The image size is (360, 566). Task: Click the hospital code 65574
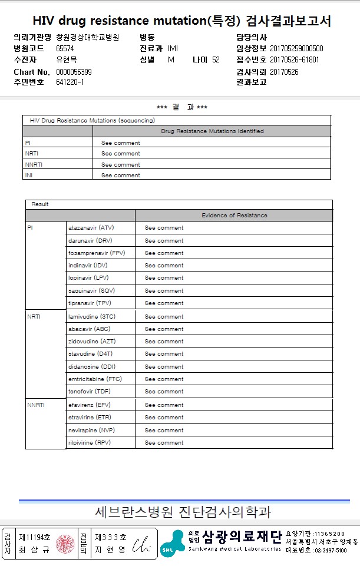(x=65, y=48)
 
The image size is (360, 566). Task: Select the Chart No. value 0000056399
(x=74, y=72)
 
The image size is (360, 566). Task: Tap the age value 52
(x=216, y=60)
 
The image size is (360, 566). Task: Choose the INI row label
(x=29, y=176)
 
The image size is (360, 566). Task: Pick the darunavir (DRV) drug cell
(x=90, y=240)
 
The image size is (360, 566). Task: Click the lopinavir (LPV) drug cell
(x=88, y=278)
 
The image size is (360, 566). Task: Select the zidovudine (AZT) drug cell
(x=92, y=342)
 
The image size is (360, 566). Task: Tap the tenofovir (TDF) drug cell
(x=89, y=392)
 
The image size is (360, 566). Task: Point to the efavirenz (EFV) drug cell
(x=90, y=405)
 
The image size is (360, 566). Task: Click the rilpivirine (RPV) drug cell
(x=90, y=443)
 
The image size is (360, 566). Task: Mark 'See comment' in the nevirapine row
(x=164, y=431)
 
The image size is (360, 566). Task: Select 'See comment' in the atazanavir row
(x=164, y=228)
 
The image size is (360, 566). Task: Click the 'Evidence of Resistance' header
(x=234, y=216)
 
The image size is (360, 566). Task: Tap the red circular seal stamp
(x=65, y=544)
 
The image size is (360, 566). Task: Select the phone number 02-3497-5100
(x=325, y=551)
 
